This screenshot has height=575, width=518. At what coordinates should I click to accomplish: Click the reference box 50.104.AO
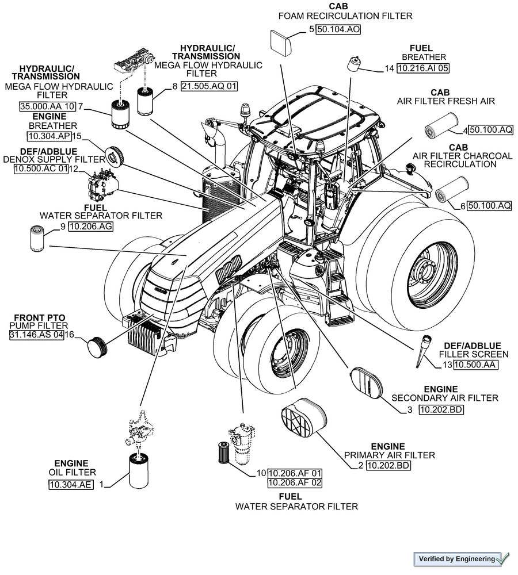click(338, 30)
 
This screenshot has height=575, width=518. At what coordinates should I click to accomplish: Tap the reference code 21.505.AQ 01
click(209, 86)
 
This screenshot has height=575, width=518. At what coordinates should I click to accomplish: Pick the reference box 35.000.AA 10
click(47, 106)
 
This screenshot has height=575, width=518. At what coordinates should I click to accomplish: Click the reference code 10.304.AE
click(70, 485)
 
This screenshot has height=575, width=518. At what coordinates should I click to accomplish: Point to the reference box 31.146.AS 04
click(36, 335)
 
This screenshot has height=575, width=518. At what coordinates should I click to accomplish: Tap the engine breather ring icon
click(115, 154)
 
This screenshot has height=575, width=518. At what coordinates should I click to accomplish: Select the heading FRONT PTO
click(40, 317)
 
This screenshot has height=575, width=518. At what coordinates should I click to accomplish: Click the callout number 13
click(447, 365)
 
